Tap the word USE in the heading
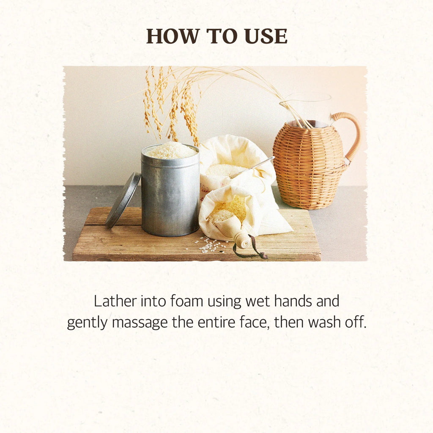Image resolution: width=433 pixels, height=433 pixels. click(266, 36)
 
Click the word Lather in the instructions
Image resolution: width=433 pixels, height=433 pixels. click(115, 301)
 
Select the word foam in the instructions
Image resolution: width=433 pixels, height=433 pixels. click(186, 301)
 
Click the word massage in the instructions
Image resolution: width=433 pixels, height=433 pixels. click(140, 323)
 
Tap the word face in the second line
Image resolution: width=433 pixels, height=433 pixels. click(254, 322)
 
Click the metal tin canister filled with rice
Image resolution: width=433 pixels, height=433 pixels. click(170, 193)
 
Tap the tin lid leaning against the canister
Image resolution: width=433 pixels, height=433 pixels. click(123, 200)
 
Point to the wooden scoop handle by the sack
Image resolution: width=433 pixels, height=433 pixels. click(242, 240)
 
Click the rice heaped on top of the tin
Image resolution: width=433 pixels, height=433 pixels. click(170, 151)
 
